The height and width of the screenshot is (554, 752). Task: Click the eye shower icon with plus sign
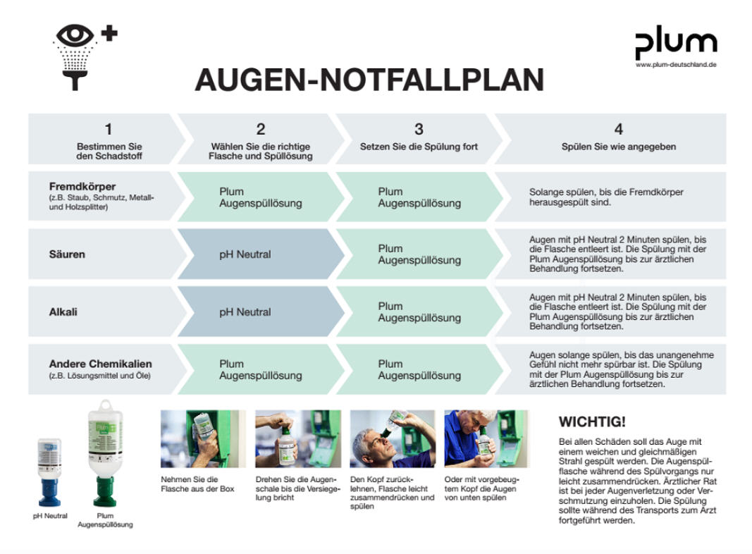pyautogui.click(x=85, y=56)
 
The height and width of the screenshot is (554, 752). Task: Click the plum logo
pyautogui.click(x=676, y=43)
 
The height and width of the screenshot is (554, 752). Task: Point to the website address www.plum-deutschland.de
pyautogui.click(x=676, y=65)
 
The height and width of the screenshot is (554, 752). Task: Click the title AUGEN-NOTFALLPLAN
pyautogui.click(x=369, y=80)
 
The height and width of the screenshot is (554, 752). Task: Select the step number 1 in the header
pyautogui.click(x=109, y=129)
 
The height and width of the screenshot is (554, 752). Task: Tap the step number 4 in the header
pyautogui.click(x=619, y=129)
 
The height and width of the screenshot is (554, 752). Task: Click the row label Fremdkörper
pyautogui.click(x=82, y=187)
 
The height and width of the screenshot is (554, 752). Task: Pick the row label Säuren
pyautogui.click(x=67, y=254)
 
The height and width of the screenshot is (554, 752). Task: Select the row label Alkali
pyautogui.click(x=63, y=312)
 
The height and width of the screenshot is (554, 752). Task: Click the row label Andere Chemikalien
pyautogui.click(x=100, y=364)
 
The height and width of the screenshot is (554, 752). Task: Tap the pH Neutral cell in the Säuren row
pyautogui.click(x=245, y=254)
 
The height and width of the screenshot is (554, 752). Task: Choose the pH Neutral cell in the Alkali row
pyautogui.click(x=245, y=312)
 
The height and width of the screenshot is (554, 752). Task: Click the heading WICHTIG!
pyautogui.click(x=592, y=421)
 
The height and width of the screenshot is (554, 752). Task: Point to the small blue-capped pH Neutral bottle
pyautogui.click(x=49, y=472)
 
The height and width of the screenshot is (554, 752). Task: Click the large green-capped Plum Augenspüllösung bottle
pyautogui.click(x=105, y=453)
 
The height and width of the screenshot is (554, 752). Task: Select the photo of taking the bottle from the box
pyautogui.click(x=203, y=439)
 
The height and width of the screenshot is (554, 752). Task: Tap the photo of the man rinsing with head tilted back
pyautogui.click(x=393, y=439)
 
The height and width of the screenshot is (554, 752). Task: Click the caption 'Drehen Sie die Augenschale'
pyautogui.click(x=297, y=488)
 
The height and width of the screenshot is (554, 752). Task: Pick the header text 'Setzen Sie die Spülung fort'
pyautogui.click(x=419, y=147)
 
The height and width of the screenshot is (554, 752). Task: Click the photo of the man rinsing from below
pyautogui.click(x=486, y=439)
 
